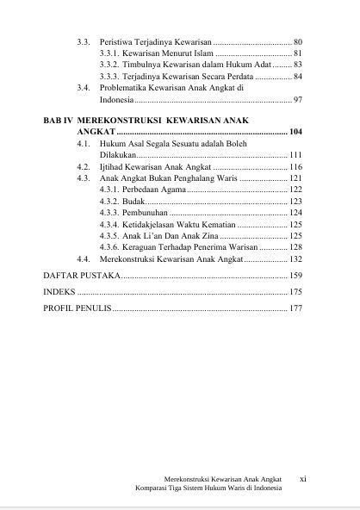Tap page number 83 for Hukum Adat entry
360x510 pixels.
[297, 65]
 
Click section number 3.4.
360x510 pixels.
[83, 89]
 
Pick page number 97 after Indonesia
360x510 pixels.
[297, 101]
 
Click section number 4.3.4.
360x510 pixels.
[109, 224]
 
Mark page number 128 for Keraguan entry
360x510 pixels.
[295, 247]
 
